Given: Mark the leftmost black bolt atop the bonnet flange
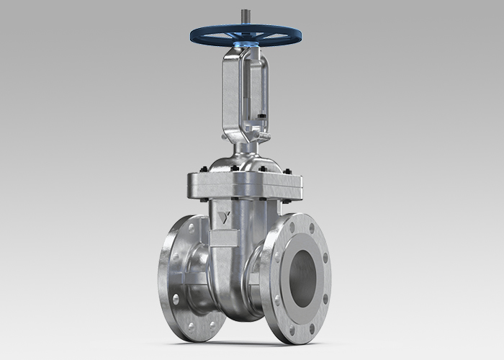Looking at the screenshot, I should [204, 171].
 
